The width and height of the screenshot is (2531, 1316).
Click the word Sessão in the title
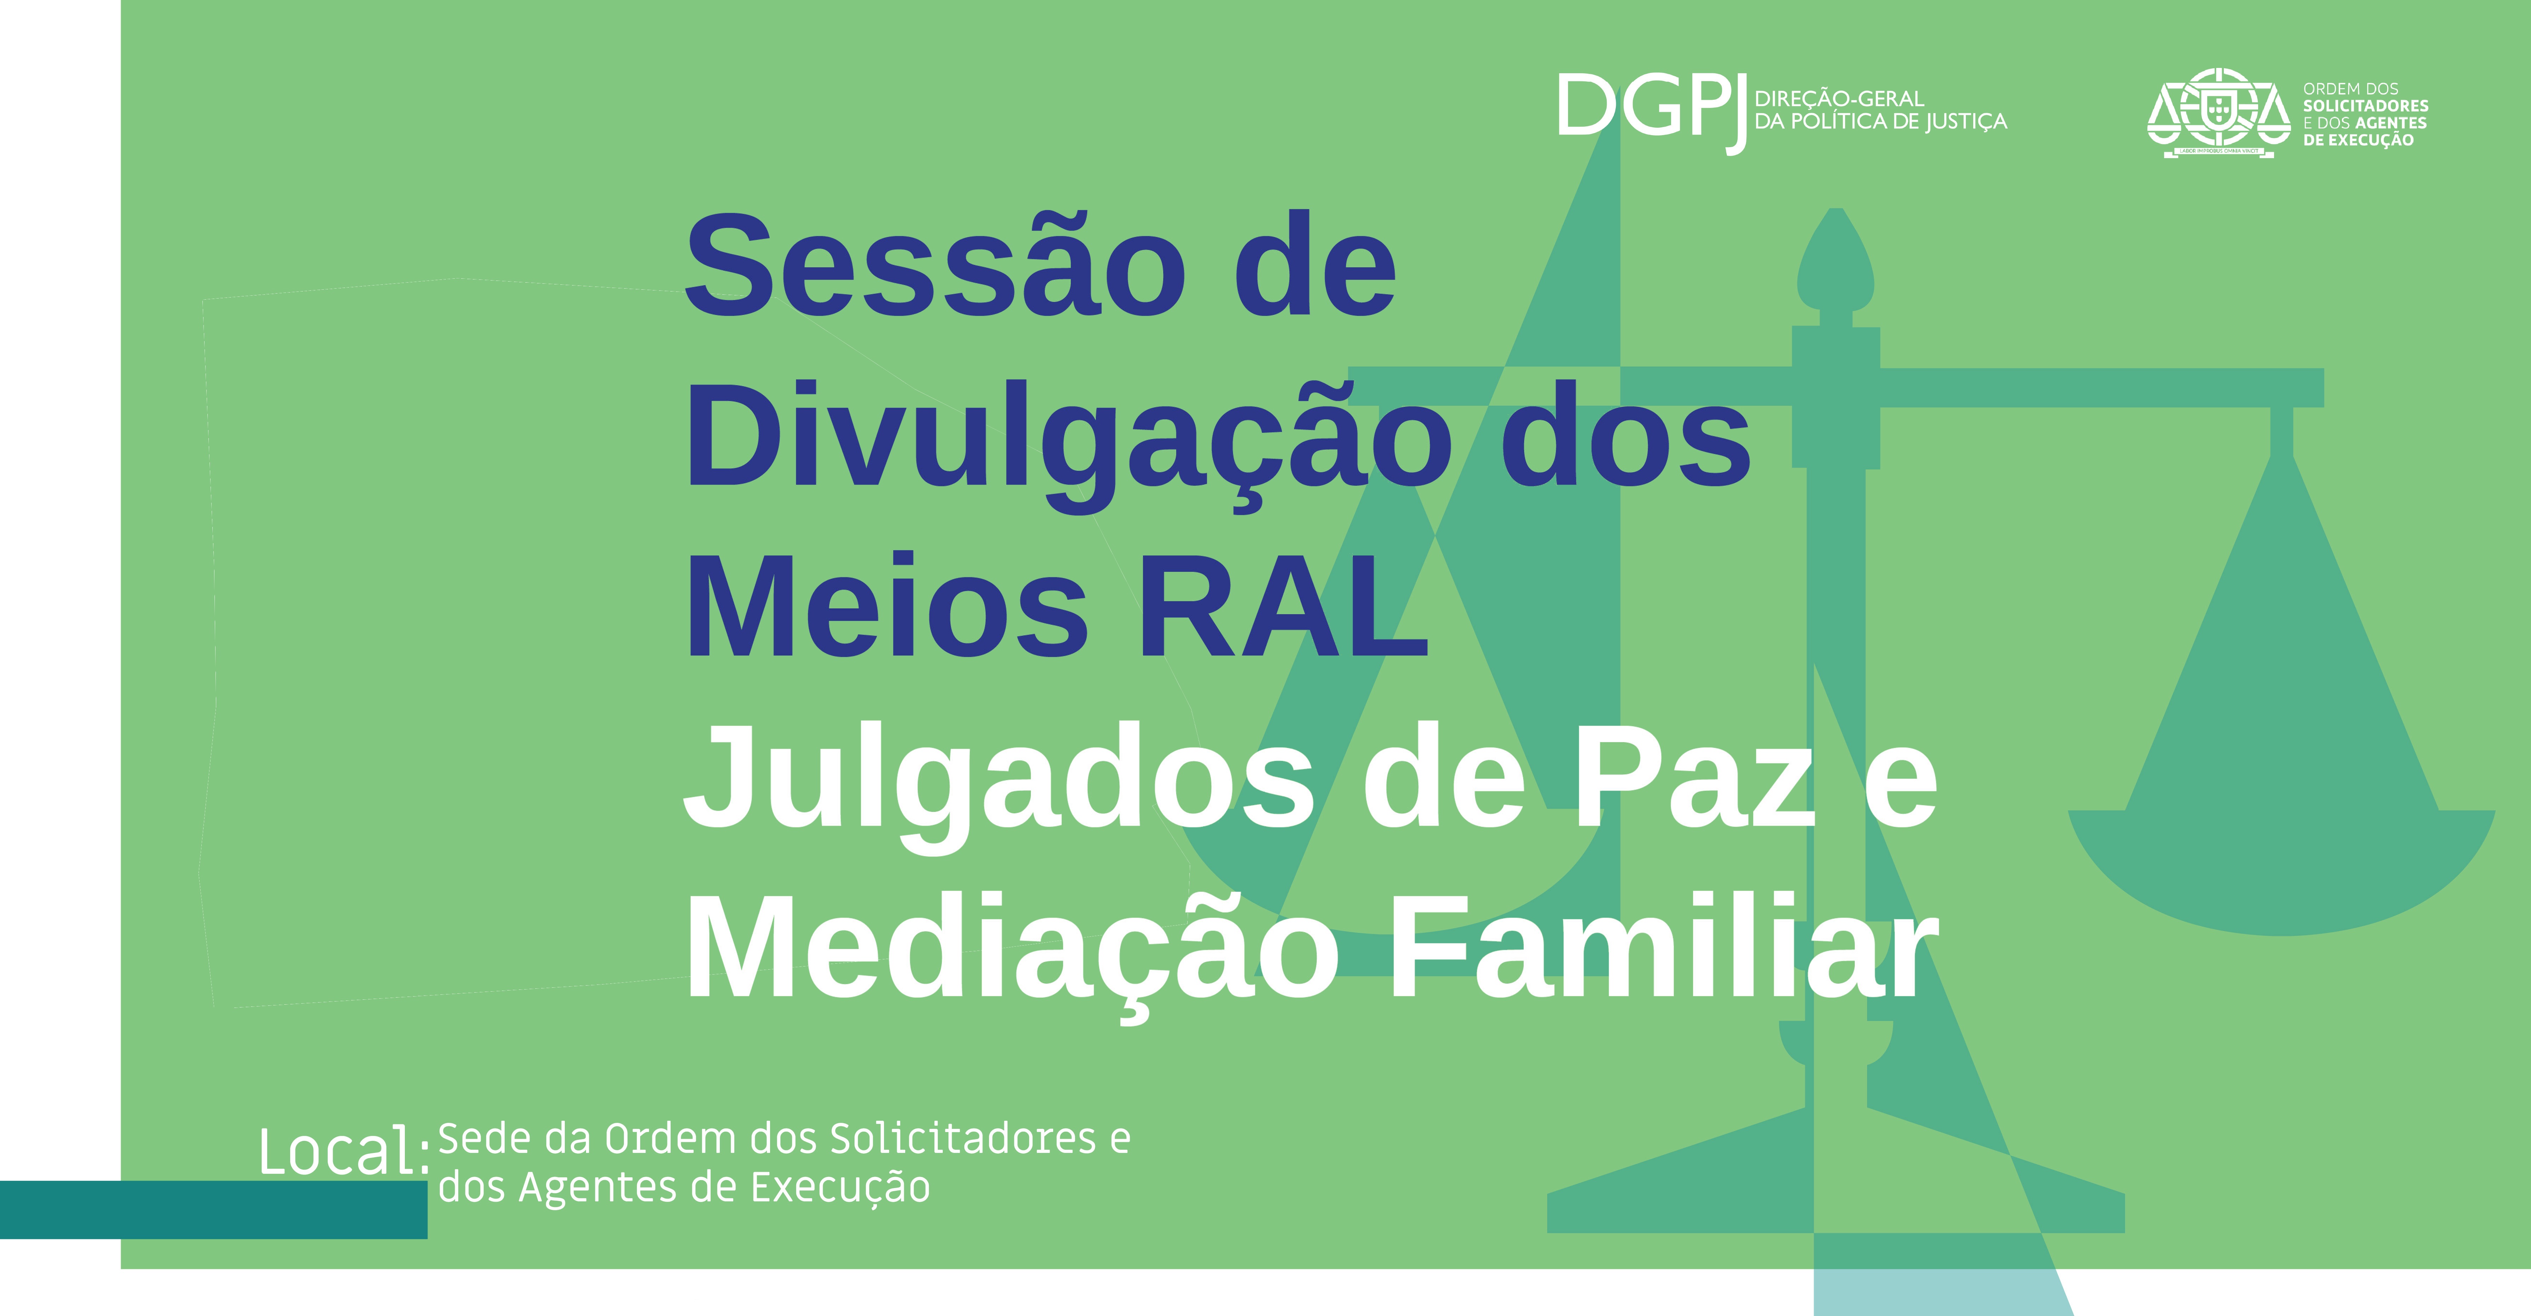tap(934, 265)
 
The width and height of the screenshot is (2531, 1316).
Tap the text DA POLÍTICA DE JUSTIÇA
tap(1881, 122)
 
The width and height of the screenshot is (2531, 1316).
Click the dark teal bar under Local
tap(213, 1209)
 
